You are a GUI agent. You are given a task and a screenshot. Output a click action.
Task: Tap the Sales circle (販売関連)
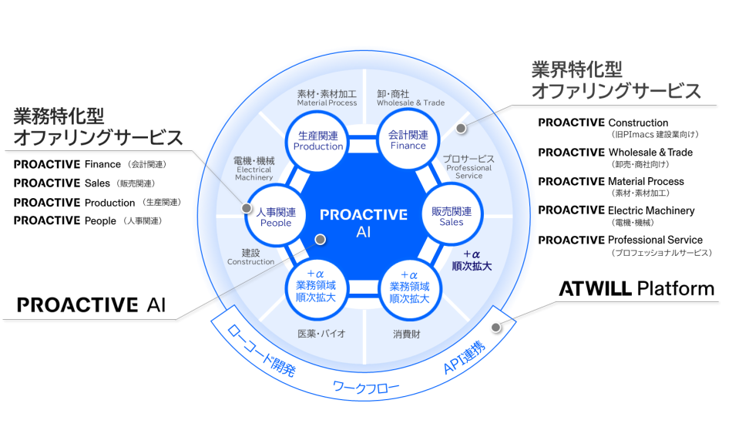tap(452, 216)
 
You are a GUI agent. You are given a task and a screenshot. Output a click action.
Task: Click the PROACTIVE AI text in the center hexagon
tap(363, 222)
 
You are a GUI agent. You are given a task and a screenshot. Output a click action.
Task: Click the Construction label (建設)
tap(250, 257)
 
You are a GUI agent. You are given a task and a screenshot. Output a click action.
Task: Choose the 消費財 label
tap(407, 334)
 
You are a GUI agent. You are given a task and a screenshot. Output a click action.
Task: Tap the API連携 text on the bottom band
tap(464, 357)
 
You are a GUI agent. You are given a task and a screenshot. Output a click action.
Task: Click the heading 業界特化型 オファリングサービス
tap(616, 80)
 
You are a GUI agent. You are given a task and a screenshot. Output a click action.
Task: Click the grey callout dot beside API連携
tap(497, 327)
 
